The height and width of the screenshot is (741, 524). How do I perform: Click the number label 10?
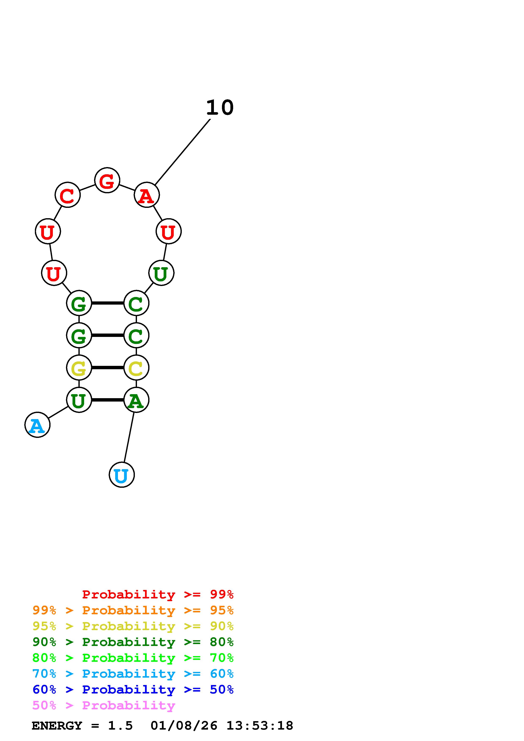tap(220, 108)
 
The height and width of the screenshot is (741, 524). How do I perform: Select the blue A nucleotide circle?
tap(37, 425)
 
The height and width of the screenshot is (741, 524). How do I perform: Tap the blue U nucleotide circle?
tap(122, 475)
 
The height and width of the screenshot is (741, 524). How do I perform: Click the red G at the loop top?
tap(107, 180)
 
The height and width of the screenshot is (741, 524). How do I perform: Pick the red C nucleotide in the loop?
tap(67, 195)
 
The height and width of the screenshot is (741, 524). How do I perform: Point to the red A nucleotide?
tap(146, 195)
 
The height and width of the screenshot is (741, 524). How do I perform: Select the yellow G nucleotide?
tap(79, 368)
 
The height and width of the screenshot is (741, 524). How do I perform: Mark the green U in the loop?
tap(161, 273)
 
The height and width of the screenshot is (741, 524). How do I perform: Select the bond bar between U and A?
tap(108, 400)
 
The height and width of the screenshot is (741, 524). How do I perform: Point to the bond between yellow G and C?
tap(108, 368)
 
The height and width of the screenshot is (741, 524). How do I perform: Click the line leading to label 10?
tap(183, 152)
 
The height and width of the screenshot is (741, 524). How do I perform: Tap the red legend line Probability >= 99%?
tap(157, 594)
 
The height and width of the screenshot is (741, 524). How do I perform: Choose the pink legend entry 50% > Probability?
tap(104, 706)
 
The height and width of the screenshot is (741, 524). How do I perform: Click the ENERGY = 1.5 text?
tap(82, 726)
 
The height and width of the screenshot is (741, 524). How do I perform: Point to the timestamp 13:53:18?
tap(259, 726)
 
